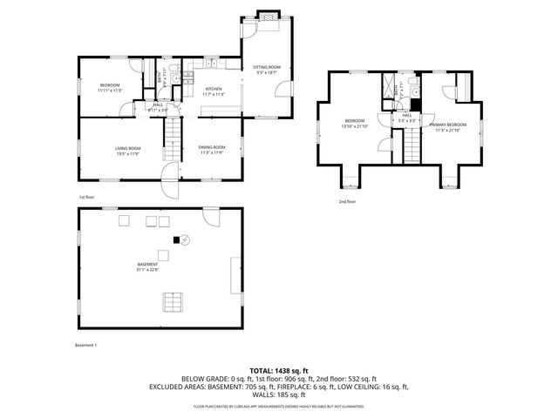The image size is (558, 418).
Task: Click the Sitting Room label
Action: pyautogui.click(x=267, y=67)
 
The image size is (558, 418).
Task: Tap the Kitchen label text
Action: pyautogui.click(x=214, y=89)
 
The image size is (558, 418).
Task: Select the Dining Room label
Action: pyautogui.click(x=212, y=147)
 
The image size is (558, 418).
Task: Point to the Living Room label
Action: pyautogui.click(x=128, y=148)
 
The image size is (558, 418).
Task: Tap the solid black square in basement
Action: pyautogui.click(x=175, y=239)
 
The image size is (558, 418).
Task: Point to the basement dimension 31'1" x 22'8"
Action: pyautogui.click(x=147, y=270)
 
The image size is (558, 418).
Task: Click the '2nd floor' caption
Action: pyautogui.click(x=347, y=201)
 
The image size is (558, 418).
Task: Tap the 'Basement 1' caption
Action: pyautogui.click(x=85, y=345)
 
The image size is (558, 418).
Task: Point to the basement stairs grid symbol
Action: pyautogui.click(x=172, y=302)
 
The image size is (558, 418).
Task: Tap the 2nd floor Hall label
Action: pyautogui.click(x=406, y=115)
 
